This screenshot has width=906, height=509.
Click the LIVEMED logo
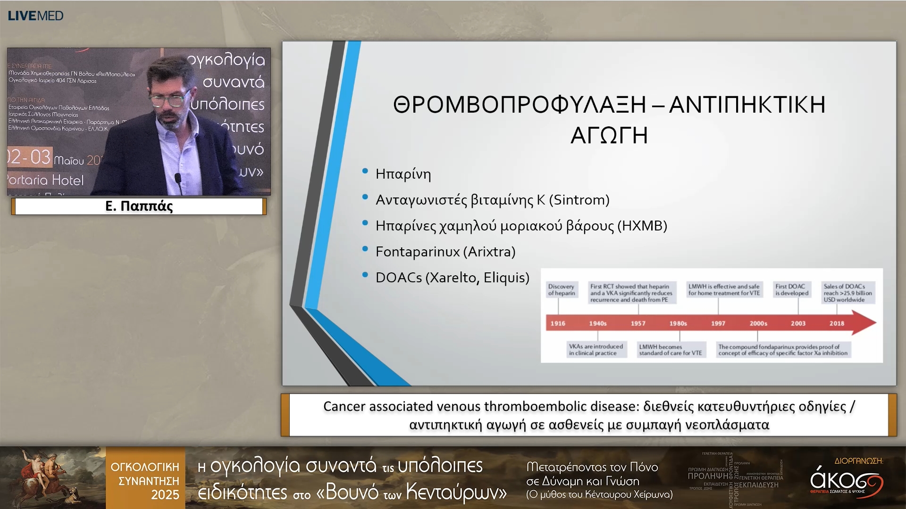(35, 16)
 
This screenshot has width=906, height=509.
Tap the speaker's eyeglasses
(168, 99)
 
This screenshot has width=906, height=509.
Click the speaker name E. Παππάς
(139, 206)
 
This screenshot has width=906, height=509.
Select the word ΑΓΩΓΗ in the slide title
(609, 136)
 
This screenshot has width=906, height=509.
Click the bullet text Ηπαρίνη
(403, 174)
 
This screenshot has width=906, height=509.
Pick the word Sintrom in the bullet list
(581, 200)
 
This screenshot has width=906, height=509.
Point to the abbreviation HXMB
(642, 226)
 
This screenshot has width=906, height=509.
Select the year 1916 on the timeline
(558, 323)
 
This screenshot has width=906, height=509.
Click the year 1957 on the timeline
(638, 323)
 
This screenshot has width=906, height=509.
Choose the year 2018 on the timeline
(837, 323)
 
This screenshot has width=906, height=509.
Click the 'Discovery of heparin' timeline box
(562, 290)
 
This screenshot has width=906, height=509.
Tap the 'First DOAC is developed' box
(792, 290)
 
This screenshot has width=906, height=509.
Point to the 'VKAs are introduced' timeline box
(596, 350)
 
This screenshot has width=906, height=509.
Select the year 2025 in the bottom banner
(165, 495)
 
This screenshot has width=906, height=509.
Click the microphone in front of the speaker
(178, 178)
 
